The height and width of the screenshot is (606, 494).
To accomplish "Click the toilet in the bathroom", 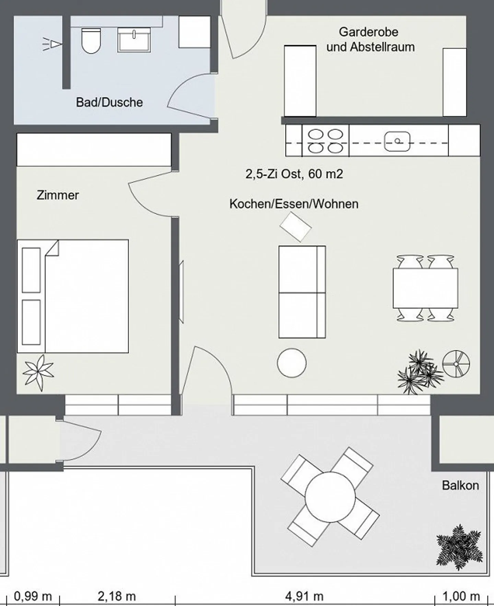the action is point(92,41).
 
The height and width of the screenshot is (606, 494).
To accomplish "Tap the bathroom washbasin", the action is point(134,40).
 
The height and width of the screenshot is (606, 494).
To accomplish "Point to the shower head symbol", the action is point(52,44).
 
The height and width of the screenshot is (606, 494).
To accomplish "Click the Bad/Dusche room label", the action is point(109,102).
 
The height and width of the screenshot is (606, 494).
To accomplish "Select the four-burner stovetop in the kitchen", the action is point(326,141).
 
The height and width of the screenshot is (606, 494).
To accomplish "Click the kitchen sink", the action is point(397,141).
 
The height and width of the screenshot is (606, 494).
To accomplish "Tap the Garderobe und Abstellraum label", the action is point(370,39).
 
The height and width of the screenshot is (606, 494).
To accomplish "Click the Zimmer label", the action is point(58,195).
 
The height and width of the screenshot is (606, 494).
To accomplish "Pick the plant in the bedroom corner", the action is point(38,373).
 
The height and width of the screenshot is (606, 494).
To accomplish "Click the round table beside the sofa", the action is point(292,363).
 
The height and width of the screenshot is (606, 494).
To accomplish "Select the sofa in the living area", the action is point(302,292).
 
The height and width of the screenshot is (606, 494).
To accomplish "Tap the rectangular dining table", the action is point(425,288).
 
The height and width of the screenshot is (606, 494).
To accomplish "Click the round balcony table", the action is point(330,497).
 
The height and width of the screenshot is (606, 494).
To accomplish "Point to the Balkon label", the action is point(460,485).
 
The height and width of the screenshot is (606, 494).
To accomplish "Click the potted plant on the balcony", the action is point(459,547).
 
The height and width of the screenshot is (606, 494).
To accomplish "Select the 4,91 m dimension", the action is point(304,596).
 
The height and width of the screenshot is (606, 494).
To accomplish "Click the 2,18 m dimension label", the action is point(117,596).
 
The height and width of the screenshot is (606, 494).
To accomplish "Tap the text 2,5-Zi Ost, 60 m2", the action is point(294,174).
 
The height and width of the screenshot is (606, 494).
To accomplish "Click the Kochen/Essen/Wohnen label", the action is point(294,204).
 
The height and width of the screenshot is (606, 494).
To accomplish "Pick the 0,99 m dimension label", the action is point(33,596).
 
